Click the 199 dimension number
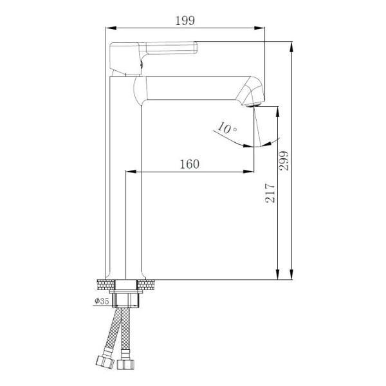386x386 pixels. click(x=185, y=21)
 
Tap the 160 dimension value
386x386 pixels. click(x=190, y=164)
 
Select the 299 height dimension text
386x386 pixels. click(x=284, y=161)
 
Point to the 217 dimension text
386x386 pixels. click(x=270, y=193)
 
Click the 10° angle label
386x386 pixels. click(x=227, y=128)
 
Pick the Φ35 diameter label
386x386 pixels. click(x=102, y=300)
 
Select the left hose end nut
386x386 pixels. click(x=105, y=362)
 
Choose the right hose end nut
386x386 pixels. click(x=125, y=364)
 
